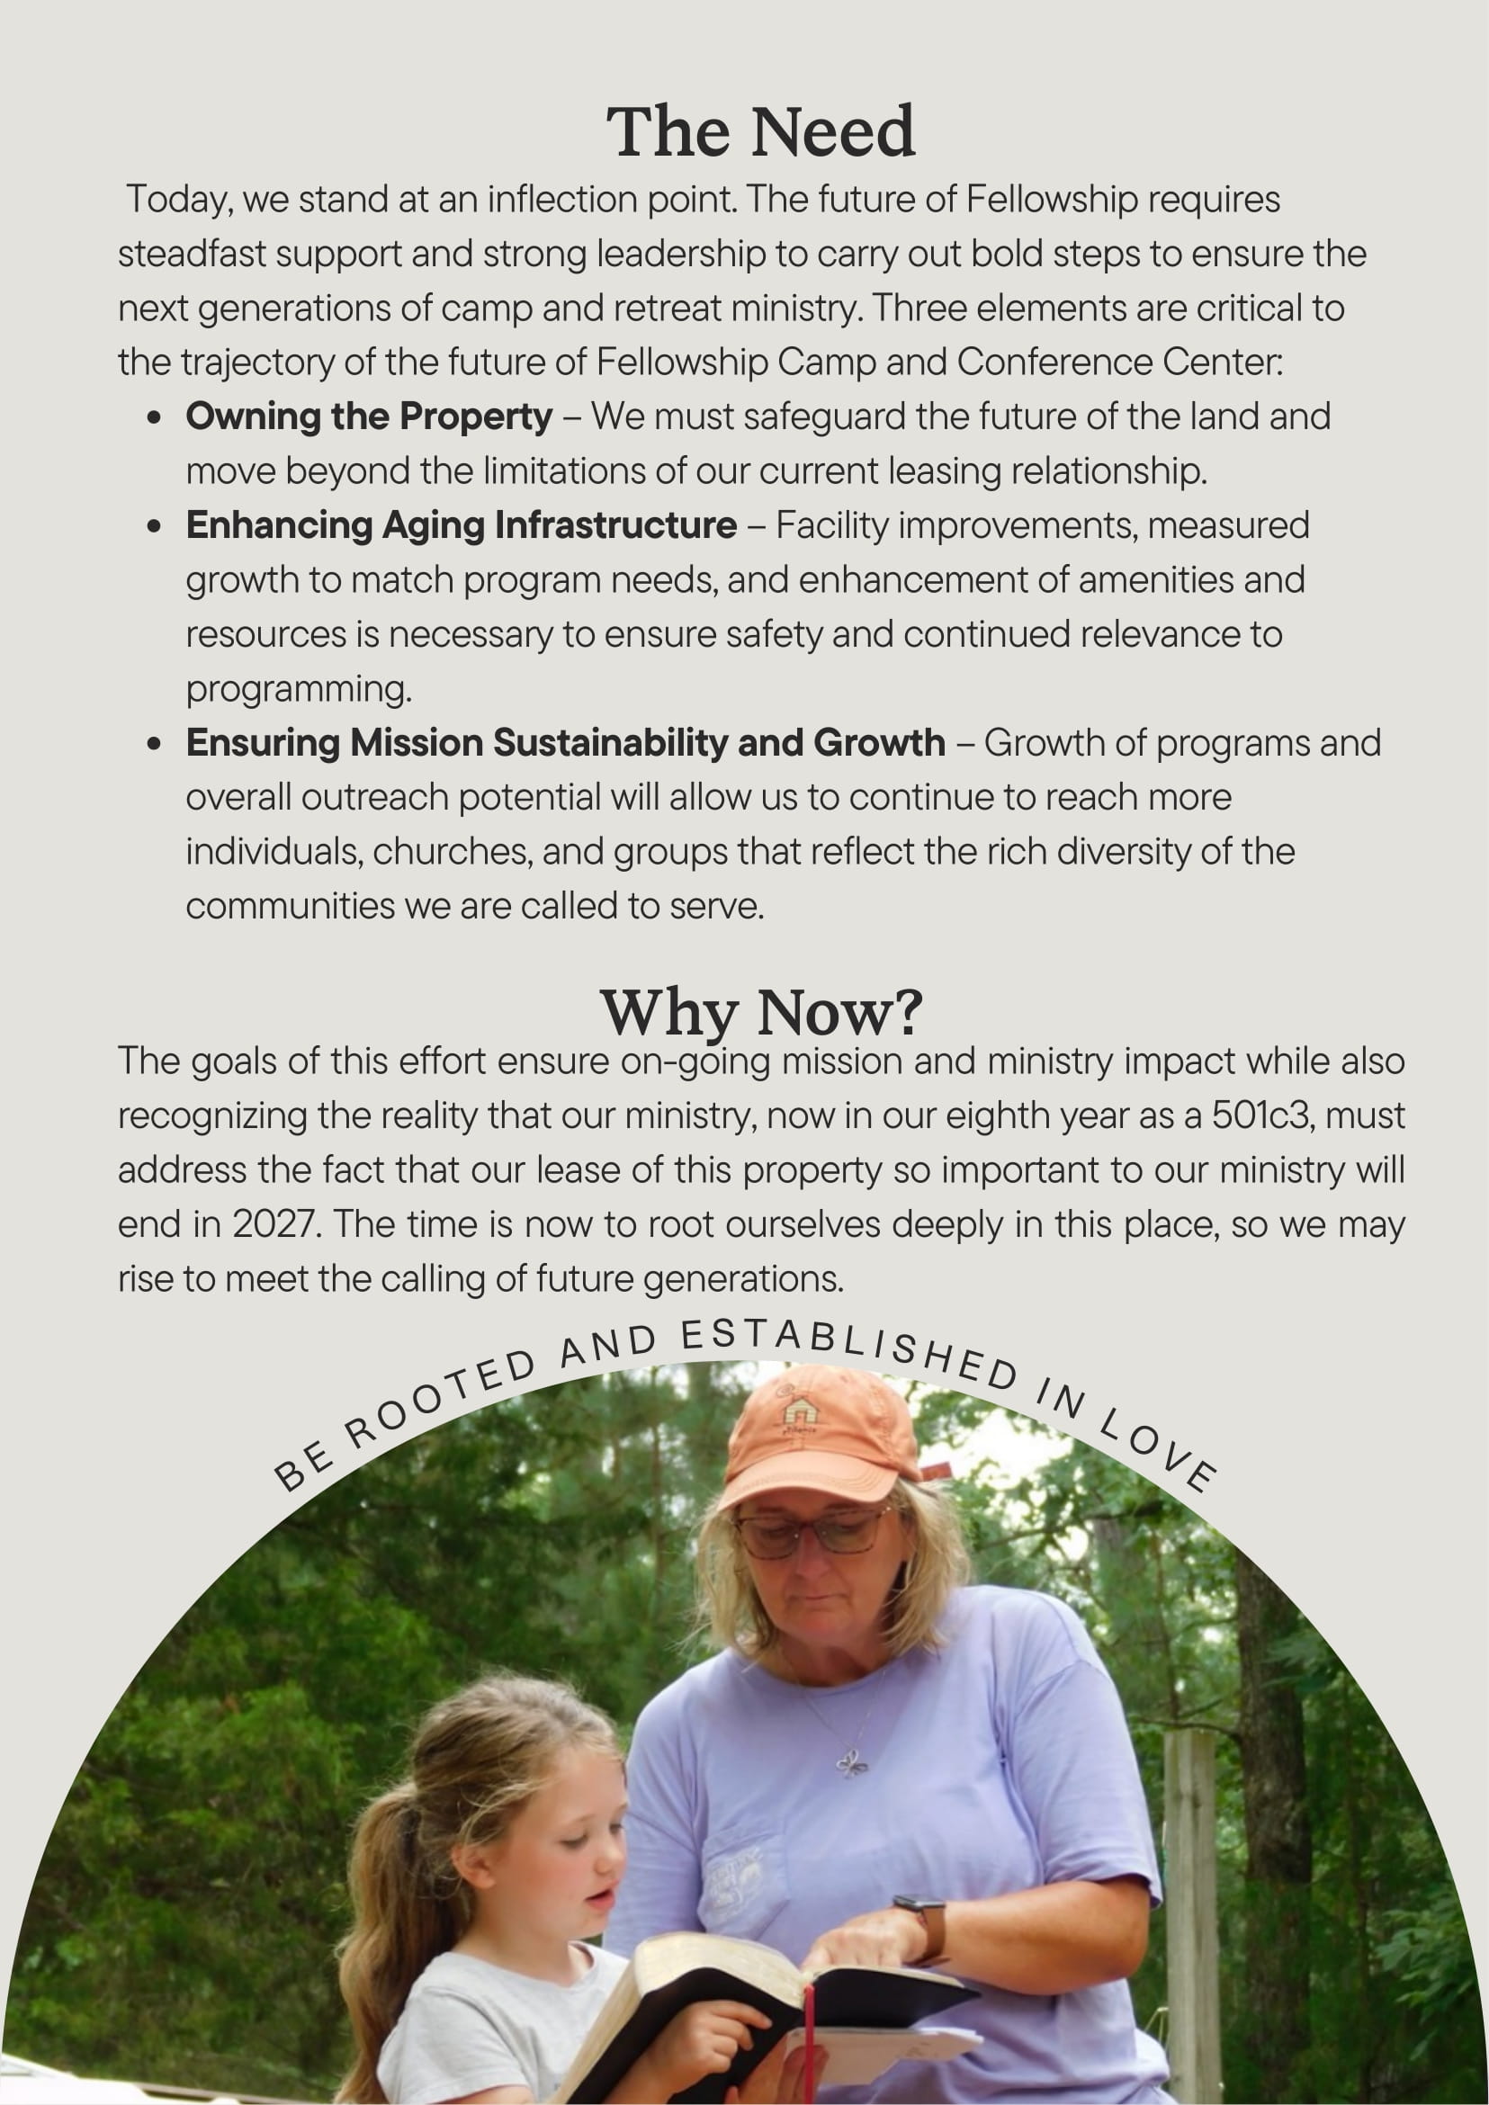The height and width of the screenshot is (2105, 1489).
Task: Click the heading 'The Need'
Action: coord(760,131)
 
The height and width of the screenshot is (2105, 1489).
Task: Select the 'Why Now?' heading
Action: coord(760,1012)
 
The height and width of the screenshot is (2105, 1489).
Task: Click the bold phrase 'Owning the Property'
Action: coord(369,417)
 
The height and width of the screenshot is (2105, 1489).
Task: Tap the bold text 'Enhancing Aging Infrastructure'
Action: coord(462,525)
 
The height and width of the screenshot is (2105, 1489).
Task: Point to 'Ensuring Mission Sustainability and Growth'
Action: coord(565,743)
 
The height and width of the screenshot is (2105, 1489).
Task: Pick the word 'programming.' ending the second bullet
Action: coord(299,689)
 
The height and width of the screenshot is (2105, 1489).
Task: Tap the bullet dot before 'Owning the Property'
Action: coord(154,418)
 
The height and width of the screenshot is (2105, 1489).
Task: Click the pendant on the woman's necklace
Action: coord(852,1763)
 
